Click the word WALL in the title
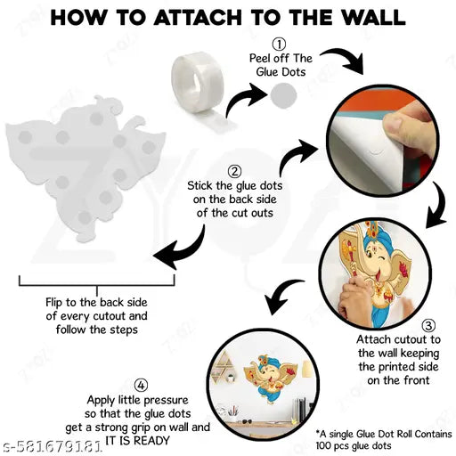373,18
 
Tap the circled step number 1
279,45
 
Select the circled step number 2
234,172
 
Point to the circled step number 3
428,326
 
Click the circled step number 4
141,386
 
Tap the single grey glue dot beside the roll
283,95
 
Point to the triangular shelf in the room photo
224,366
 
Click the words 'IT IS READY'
137,440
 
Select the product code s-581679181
50,446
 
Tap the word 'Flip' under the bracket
54,303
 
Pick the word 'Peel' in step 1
260,58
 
